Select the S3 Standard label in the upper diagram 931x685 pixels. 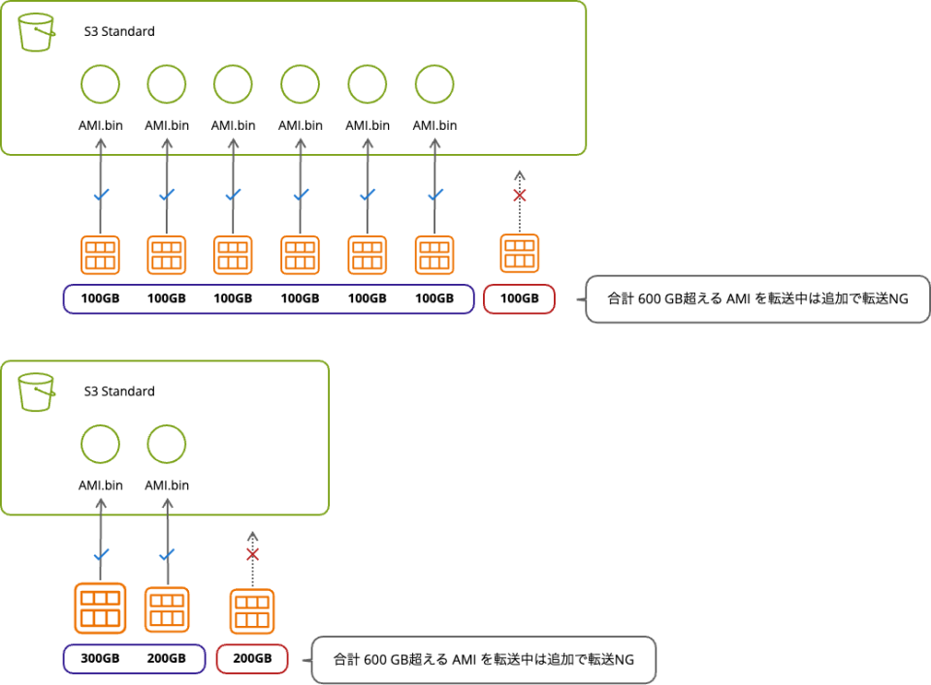coord(118,32)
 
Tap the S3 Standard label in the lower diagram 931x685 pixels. coord(118,391)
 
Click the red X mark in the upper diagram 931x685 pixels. coord(519,196)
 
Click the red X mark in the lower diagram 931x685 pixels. coord(252,555)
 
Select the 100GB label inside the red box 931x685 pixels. coord(519,298)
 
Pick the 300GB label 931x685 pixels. coord(100,659)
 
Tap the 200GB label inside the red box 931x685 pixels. coord(252,659)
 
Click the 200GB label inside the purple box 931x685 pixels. coord(166,659)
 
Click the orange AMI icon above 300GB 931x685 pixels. coord(100,607)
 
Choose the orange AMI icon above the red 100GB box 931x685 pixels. coord(519,254)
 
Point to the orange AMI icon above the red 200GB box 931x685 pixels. coord(252,612)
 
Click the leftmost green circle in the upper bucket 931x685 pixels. coord(100,85)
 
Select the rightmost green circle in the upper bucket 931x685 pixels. coord(433,85)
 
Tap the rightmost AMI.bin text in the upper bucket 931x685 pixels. coord(433,125)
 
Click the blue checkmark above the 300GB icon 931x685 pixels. coord(100,556)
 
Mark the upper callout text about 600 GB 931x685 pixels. coord(757,299)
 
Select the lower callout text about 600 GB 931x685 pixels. coord(483,660)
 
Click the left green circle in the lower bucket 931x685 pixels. coord(100,445)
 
